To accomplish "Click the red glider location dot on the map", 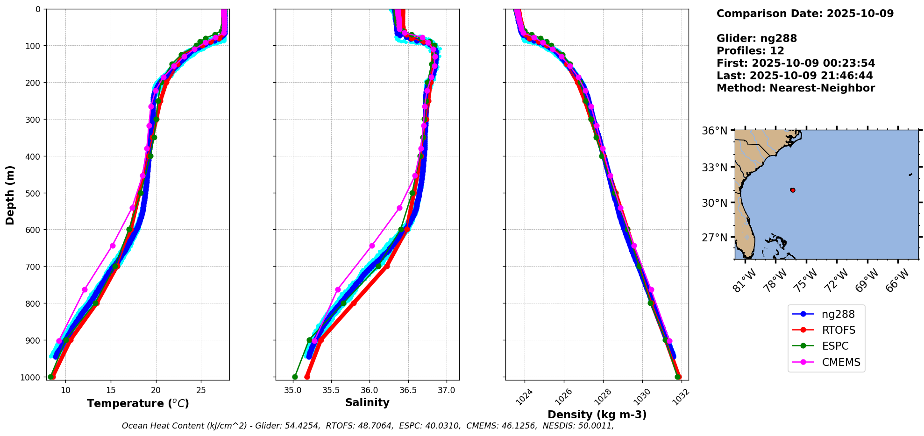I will point(793,190).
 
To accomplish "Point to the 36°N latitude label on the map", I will point(715,131).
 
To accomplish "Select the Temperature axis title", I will point(138,403).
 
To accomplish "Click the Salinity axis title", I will point(367,403).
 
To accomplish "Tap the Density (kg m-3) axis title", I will point(597,415).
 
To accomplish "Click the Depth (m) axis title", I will point(10,195).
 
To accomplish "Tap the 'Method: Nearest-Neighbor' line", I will point(796,88).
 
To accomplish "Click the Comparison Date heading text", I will point(805,14).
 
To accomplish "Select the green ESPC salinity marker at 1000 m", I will point(295,377).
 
